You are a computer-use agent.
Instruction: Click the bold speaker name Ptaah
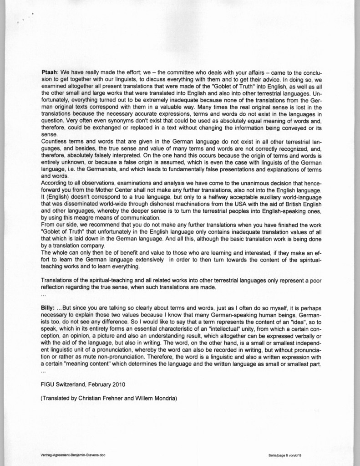[x=50, y=72]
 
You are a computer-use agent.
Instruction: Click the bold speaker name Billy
[x=49, y=308]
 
